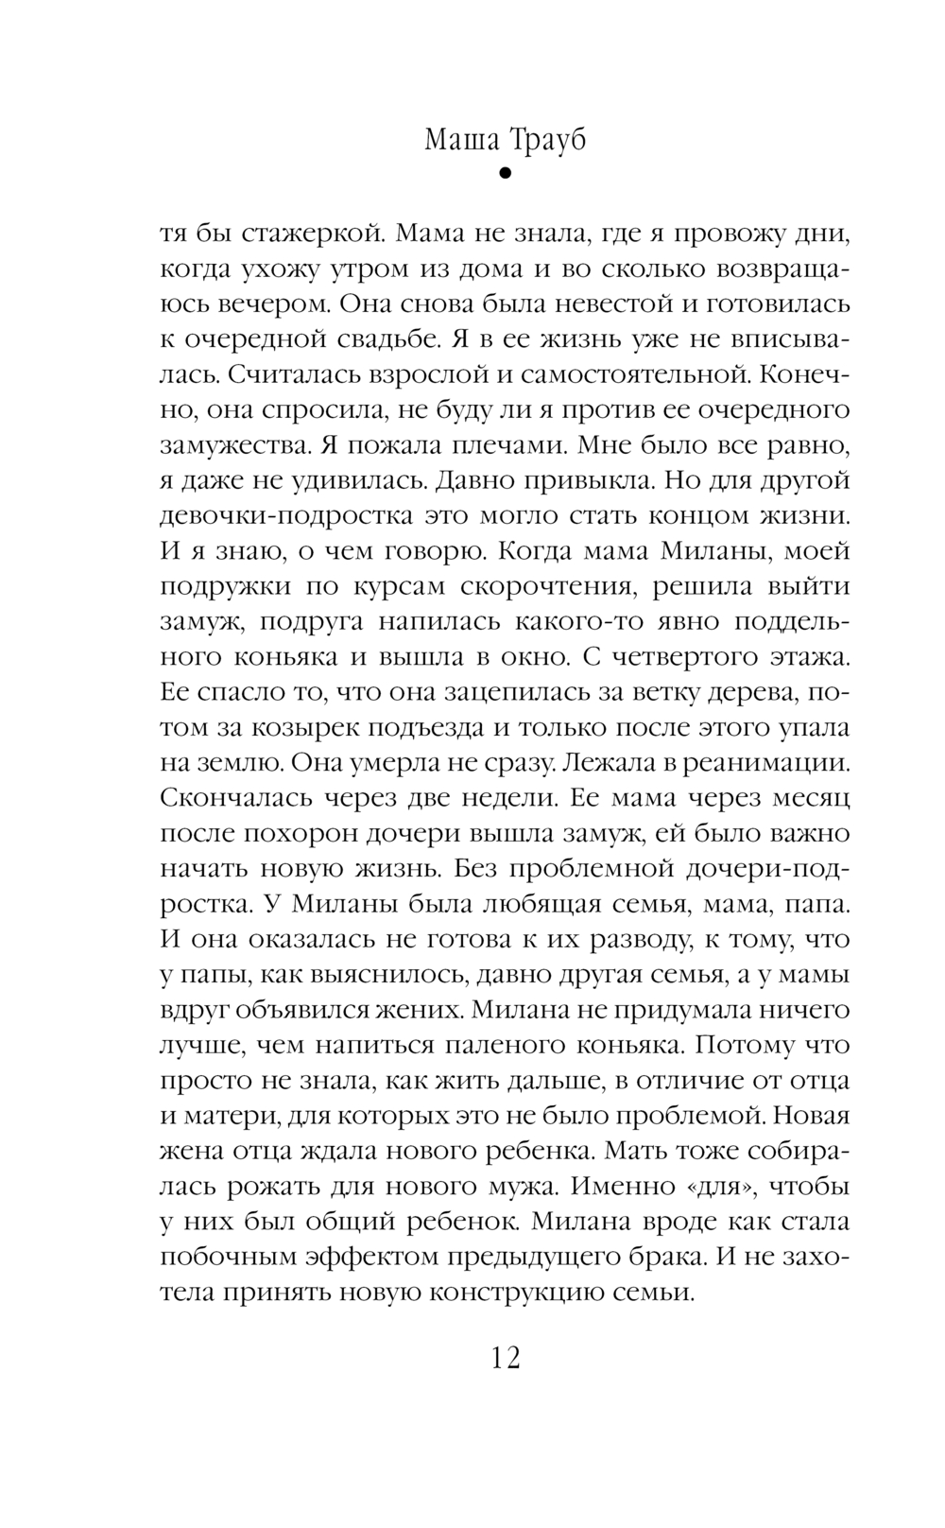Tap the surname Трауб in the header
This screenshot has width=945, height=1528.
(547, 140)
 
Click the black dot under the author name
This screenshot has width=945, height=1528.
(505, 174)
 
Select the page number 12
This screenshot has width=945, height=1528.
(506, 1358)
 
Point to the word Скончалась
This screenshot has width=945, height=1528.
(228, 798)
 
